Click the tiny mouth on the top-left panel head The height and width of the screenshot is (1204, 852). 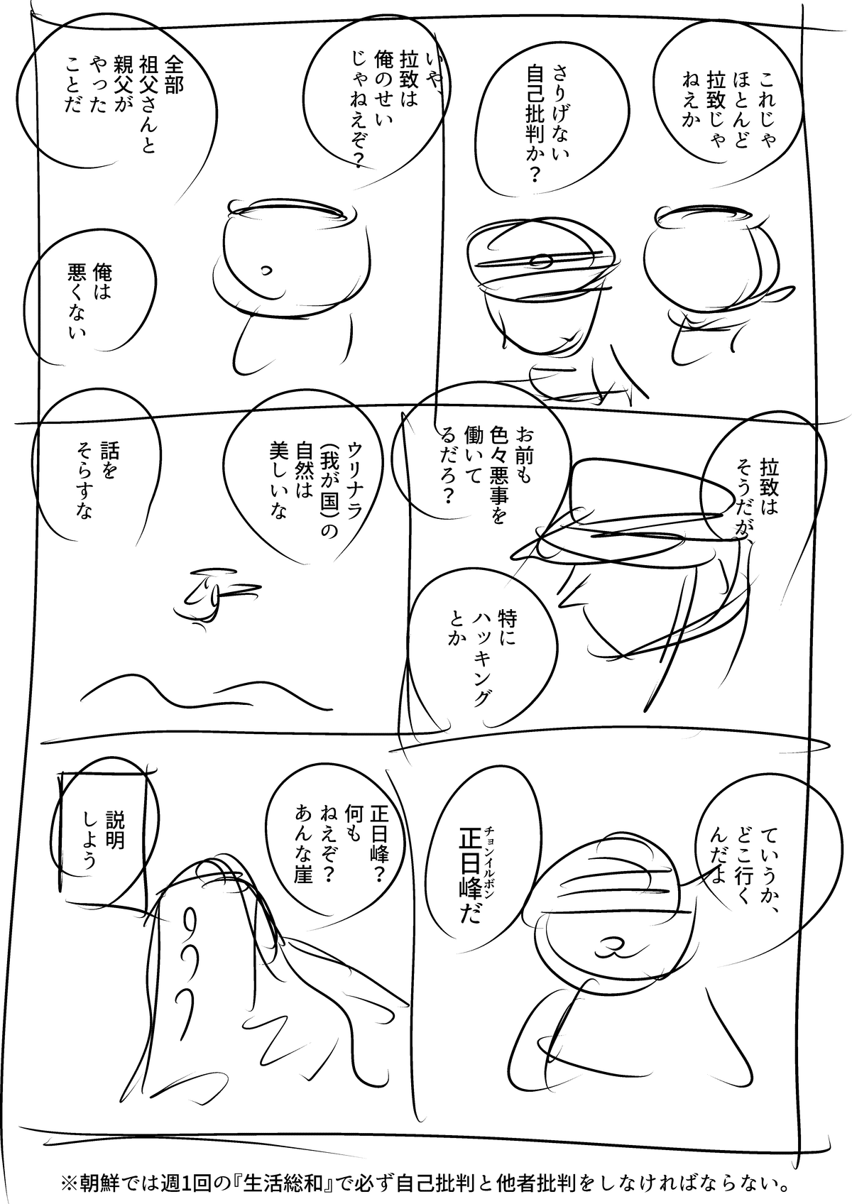click(x=266, y=271)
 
